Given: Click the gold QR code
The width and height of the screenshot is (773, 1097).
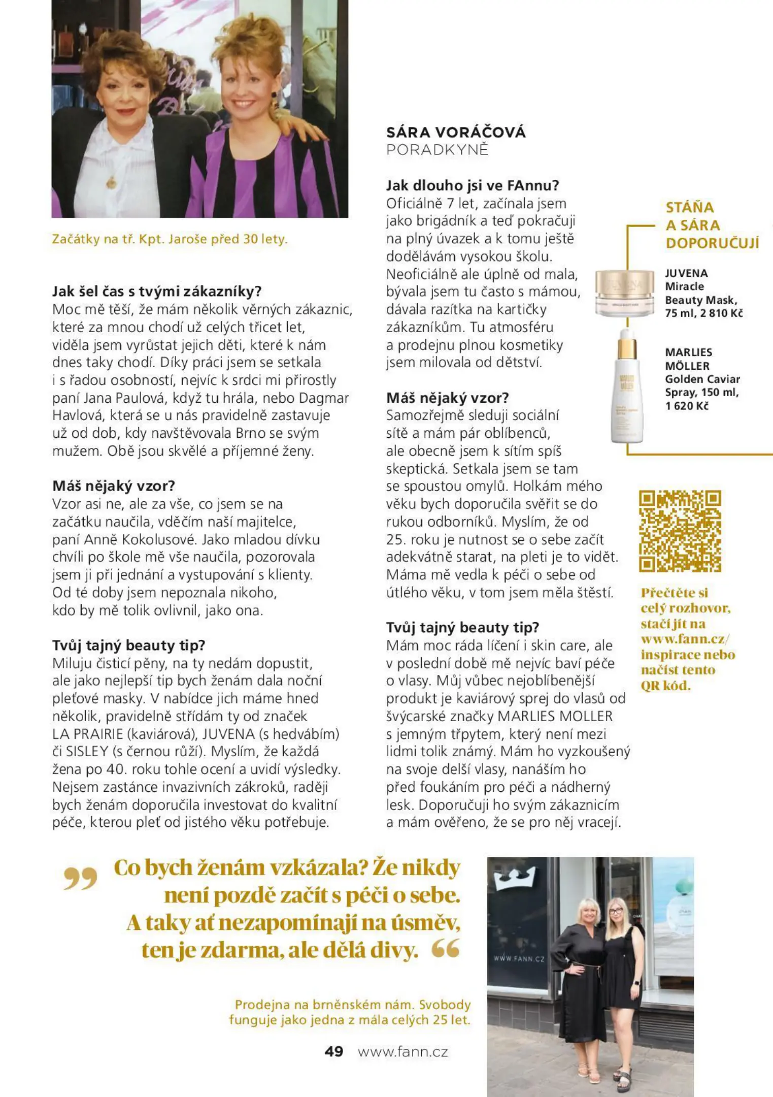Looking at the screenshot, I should click(x=680, y=531).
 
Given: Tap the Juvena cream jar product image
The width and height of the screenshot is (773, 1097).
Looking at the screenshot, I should click(x=625, y=294).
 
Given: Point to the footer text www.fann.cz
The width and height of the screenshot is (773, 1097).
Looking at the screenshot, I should click(x=403, y=1051).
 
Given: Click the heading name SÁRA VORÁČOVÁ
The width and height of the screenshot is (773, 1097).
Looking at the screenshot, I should click(x=456, y=133).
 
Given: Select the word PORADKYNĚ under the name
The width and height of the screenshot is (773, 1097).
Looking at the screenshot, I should click(x=437, y=150).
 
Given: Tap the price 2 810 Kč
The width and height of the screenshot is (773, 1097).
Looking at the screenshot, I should click(x=721, y=313).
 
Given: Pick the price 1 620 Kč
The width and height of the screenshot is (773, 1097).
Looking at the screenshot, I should click(x=687, y=406).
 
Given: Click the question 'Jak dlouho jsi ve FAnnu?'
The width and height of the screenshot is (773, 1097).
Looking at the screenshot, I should click(x=472, y=185).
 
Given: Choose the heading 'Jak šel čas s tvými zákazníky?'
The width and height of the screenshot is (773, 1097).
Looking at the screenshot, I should click(x=157, y=292).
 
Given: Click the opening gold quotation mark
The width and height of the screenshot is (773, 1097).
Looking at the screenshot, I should click(x=80, y=879).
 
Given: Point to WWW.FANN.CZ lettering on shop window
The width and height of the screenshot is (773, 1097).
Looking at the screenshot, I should click(x=519, y=958).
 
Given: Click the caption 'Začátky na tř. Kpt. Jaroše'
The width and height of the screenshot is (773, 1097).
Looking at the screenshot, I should click(x=170, y=239).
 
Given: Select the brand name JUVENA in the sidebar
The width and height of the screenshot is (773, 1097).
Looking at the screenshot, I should click(x=686, y=273).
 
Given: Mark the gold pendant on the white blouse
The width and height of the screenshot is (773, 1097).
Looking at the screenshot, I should click(x=111, y=182).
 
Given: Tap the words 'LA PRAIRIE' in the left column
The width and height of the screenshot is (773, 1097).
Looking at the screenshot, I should click(x=87, y=734).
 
